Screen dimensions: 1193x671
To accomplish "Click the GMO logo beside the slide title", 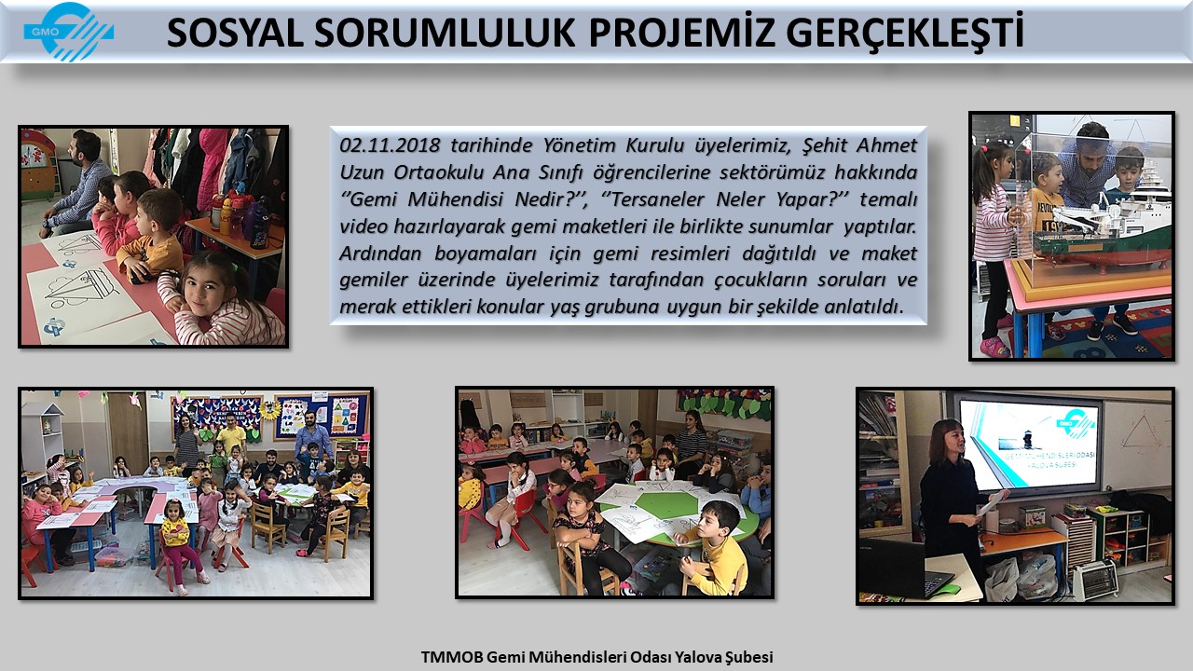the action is (x=68, y=32).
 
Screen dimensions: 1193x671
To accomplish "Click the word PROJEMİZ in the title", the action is (x=680, y=33).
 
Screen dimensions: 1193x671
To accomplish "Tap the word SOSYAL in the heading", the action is (x=236, y=33).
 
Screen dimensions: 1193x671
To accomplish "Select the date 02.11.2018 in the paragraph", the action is (x=390, y=144).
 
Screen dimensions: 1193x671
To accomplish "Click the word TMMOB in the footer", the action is (x=452, y=657).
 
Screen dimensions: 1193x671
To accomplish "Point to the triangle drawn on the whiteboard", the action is (x=1142, y=431).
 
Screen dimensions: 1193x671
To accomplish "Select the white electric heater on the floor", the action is (x=1095, y=580).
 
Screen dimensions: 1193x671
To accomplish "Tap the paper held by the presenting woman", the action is (x=992, y=502).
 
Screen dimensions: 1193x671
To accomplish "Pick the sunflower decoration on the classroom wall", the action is (x=270, y=409).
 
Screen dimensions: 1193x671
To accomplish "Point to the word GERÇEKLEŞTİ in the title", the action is (x=904, y=33).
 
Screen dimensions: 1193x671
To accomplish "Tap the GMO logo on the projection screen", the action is (x=1076, y=424).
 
